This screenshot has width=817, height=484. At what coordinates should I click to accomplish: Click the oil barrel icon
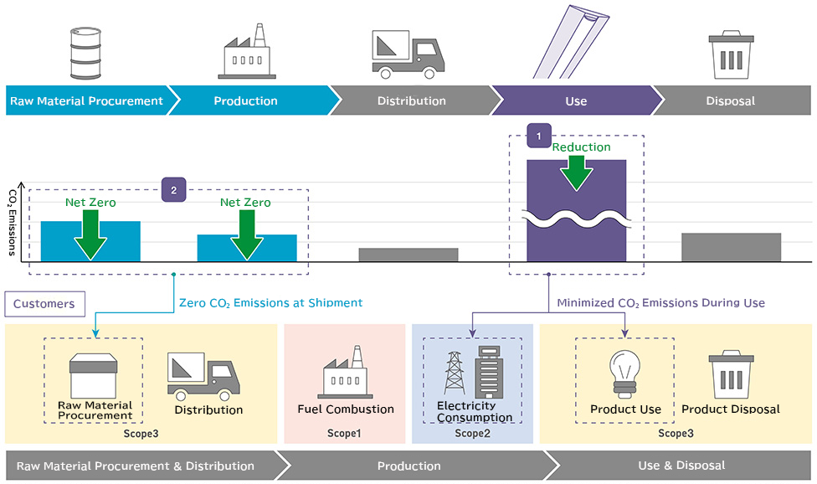tap(85, 53)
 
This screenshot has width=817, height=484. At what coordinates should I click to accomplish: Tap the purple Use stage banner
tap(576, 100)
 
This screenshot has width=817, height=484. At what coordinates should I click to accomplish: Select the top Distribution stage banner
tap(412, 100)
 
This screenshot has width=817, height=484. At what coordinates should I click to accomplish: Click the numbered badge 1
tap(539, 136)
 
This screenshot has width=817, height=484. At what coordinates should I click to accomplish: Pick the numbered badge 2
tap(173, 190)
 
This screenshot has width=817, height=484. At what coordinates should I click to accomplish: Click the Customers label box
tap(45, 304)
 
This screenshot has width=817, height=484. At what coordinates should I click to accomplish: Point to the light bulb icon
tap(625, 375)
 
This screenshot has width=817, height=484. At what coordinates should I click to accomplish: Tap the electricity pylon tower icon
tap(455, 373)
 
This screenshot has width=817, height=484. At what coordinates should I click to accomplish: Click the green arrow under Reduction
tap(576, 173)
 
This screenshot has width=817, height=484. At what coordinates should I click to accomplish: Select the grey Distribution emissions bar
tap(408, 255)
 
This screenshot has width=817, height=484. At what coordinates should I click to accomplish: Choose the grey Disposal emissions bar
tap(731, 247)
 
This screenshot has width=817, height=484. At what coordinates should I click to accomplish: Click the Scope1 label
tap(344, 433)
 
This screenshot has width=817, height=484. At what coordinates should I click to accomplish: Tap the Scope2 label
tap(473, 433)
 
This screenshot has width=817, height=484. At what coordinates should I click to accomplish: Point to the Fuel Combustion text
tap(346, 409)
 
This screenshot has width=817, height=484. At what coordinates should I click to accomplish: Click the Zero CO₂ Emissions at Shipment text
tap(271, 302)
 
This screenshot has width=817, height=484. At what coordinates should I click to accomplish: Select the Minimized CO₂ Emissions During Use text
tap(660, 302)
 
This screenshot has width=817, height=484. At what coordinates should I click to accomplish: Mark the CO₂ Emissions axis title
tap(13, 223)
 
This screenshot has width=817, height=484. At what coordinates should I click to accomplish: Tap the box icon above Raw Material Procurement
tap(93, 376)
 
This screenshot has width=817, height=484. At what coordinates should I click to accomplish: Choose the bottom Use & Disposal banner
tap(681, 466)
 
